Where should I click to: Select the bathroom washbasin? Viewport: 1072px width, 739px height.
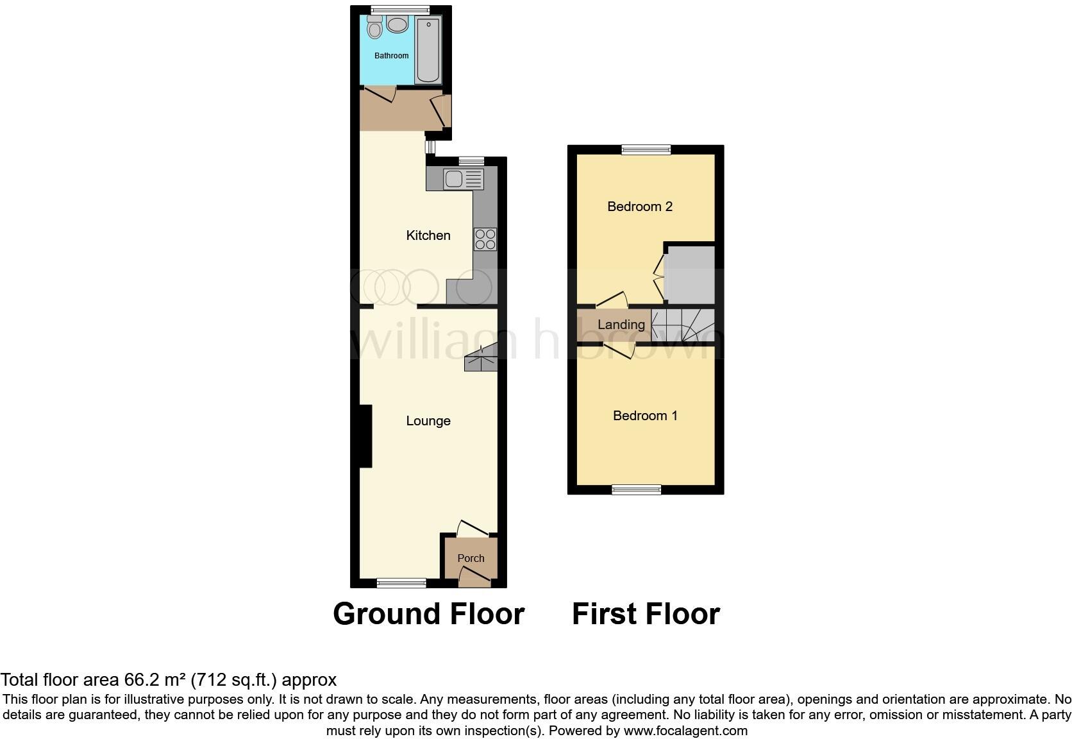point(398,26)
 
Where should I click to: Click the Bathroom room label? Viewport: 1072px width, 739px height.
point(391,56)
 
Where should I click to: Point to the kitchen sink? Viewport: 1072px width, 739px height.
point(462,179)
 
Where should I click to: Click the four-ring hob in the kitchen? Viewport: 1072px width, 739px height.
point(485,239)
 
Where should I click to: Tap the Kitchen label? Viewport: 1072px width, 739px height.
point(428,235)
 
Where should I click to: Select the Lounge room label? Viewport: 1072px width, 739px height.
point(428,421)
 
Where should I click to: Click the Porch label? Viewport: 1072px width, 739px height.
point(471,558)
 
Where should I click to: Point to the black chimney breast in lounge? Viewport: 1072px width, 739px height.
point(365,436)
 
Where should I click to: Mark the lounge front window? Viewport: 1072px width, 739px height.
point(401,582)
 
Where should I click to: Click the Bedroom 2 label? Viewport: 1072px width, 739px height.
point(640,207)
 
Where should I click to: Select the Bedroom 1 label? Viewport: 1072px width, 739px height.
point(645,416)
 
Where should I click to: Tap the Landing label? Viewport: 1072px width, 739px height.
point(621,325)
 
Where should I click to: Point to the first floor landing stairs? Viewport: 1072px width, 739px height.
point(682,325)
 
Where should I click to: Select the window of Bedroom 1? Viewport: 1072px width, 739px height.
point(636,490)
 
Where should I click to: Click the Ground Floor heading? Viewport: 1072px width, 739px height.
point(428,614)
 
